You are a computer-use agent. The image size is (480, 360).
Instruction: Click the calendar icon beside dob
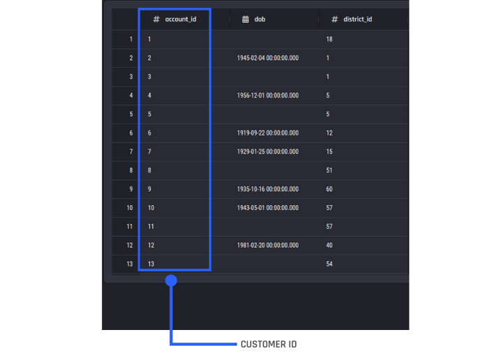pos(246,20)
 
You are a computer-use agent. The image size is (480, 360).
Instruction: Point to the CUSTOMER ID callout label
pos(269,345)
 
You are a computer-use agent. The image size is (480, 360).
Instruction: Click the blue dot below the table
pos(171,280)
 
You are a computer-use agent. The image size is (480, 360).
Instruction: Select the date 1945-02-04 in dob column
pos(268,58)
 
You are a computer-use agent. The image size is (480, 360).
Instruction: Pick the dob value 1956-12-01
pos(268,96)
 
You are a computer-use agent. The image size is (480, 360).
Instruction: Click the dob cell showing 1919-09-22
pos(268,133)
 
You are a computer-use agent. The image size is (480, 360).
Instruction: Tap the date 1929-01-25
pos(268,151)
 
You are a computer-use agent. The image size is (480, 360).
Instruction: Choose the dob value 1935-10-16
pos(268,189)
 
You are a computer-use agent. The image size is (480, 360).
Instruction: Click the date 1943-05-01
pos(268,208)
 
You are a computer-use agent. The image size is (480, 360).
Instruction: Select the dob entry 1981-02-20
pos(268,245)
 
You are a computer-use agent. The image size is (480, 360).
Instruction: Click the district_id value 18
pos(329,39)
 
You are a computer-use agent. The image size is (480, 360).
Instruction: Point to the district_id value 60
pos(329,189)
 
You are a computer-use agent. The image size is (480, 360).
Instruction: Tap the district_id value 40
pos(329,245)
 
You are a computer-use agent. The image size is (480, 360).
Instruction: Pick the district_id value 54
pos(329,264)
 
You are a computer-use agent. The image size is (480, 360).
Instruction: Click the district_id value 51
pos(329,170)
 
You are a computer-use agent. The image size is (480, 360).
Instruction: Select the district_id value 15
pos(329,151)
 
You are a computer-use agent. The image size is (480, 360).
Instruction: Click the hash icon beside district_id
pos(335,20)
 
